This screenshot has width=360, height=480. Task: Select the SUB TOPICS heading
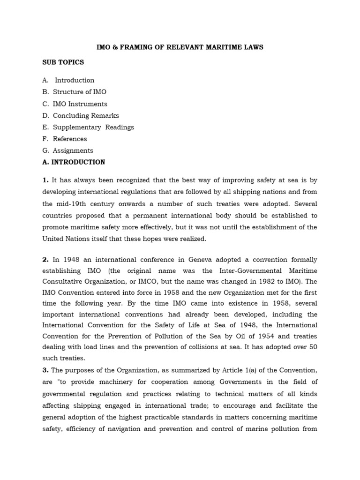pos(63,62)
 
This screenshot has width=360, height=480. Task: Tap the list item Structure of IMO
pos(79,92)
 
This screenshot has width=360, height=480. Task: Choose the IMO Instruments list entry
pos(80,104)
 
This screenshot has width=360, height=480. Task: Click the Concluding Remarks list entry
pos(86,115)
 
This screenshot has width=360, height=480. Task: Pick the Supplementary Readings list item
pos(93,127)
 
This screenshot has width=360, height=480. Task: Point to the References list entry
pos(70,139)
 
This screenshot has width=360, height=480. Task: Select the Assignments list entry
pos(73,150)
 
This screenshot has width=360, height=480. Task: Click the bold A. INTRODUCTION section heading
pos(74,162)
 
